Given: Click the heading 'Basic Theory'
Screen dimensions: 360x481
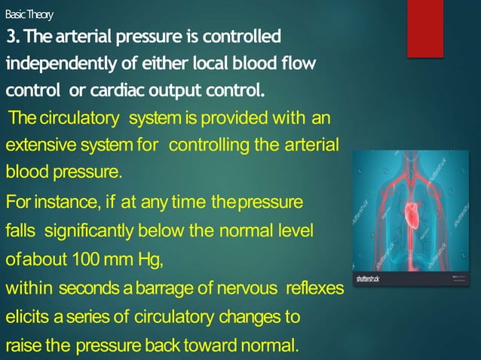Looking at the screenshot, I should [29, 15].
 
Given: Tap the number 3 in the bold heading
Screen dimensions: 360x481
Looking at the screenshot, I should [11, 36].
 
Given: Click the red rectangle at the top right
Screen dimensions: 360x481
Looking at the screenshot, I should [425, 29].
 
